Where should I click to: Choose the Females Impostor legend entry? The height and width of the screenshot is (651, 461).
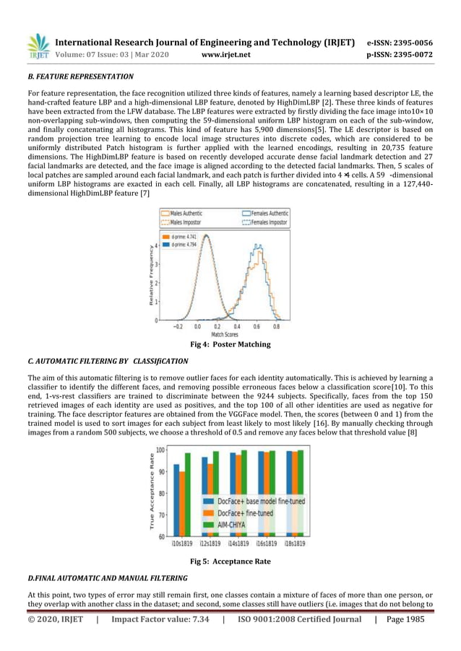point(265,222)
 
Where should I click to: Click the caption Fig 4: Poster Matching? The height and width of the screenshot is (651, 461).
point(230,345)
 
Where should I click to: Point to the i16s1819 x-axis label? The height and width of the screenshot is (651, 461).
point(269,544)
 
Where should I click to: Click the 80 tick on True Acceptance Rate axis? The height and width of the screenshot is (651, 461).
point(160,494)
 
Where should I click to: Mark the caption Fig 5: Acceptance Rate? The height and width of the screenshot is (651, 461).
point(230,561)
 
